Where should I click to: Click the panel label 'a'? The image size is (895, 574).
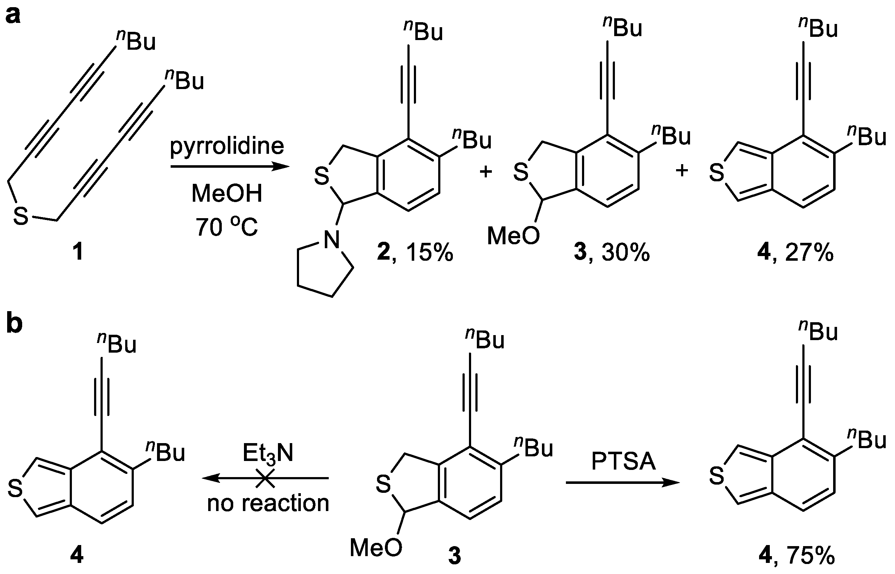pos(14,16)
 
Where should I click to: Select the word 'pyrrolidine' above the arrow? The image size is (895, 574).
pos(227,147)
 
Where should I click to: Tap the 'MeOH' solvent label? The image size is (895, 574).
pos(227,194)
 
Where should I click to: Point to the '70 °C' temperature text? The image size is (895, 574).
pos(227,227)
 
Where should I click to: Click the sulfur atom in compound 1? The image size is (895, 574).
pos(21,216)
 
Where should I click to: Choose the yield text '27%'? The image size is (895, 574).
pos(809,253)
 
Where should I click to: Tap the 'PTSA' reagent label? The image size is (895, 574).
pos(623,461)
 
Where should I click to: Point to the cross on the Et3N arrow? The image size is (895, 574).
pos(265,478)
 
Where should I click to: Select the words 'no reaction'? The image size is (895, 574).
pos(268,503)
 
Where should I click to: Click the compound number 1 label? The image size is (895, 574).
pos(78,253)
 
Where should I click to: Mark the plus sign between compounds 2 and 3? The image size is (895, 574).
pos(485,172)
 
